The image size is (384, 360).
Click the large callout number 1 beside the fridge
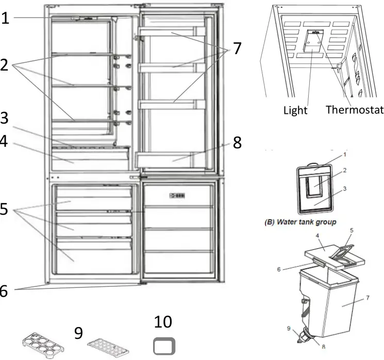pyautogui.click(x=5, y=19)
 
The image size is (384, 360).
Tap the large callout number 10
pyautogui.click(x=163, y=322)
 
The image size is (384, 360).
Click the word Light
pyautogui.click(x=295, y=110)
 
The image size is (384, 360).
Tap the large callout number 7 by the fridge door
pyautogui.click(x=237, y=48)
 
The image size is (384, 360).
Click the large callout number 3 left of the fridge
pyautogui.click(x=5, y=117)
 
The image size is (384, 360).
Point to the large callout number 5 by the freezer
pyautogui.click(x=5, y=210)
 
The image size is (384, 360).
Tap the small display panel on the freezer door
pyautogui.click(x=175, y=195)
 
